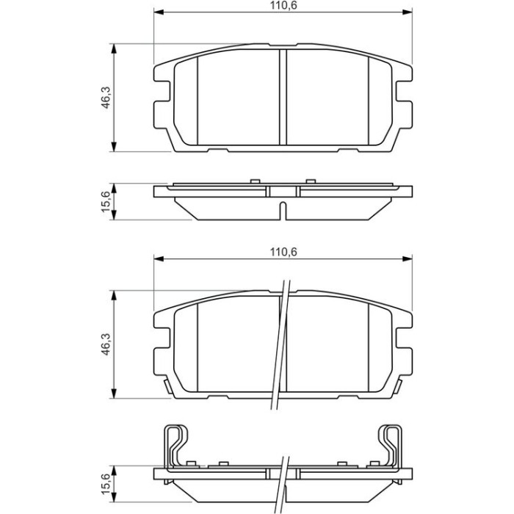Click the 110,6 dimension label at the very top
tap(283, 6)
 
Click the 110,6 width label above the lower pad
tap(283, 252)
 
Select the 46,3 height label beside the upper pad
tap(106, 98)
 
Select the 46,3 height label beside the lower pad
tap(106, 344)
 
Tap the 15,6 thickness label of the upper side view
tap(106, 202)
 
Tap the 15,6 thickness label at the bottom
tap(106, 483)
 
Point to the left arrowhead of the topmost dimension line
tap(159, 12)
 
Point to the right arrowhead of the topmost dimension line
tap(408, 12)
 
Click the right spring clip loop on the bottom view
tap(391, 446)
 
